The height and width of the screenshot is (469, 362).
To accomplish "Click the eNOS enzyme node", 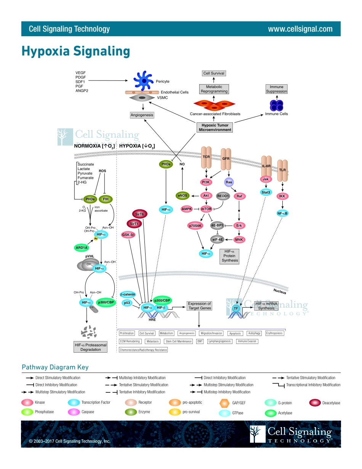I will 183,196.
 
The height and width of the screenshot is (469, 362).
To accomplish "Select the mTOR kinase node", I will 206,209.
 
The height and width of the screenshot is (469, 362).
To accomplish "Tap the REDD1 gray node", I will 223,196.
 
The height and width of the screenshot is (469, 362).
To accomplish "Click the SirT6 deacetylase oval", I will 139,214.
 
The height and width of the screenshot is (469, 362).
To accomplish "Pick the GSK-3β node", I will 128,235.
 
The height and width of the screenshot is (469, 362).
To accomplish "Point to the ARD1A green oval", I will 82,247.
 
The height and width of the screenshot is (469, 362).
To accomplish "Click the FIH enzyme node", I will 106,199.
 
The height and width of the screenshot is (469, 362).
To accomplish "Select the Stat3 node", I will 266,192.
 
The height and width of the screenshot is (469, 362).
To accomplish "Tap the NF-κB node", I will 282,213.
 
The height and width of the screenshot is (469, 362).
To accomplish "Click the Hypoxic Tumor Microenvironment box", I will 215,127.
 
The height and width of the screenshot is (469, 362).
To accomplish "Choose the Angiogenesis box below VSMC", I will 142,115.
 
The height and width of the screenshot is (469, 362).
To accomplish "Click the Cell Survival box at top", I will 214,73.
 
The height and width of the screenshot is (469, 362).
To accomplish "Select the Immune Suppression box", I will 277,89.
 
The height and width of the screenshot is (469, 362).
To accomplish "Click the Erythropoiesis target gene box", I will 274,333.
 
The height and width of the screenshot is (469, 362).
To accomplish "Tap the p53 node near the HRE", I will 127,303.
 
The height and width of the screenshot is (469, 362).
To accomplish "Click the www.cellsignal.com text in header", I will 300,29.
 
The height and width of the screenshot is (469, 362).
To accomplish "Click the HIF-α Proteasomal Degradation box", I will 90,347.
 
